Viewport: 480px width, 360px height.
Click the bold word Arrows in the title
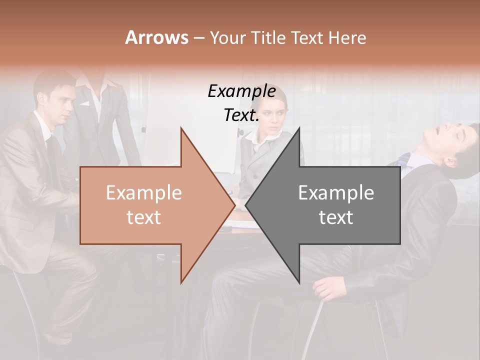(x=156, y=37)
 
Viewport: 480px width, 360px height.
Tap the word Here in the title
(x=346, y=38)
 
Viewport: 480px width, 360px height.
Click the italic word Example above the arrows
(x=241, y=91)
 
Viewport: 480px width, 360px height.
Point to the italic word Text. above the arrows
(x=241, y=115)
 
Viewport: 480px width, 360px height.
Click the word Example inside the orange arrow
(x=143, y=193)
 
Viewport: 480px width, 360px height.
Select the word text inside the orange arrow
(x=143, y=217)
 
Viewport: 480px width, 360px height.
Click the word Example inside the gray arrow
(x=336, y=193)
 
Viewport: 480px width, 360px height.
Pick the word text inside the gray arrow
(x=336, y=217)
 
